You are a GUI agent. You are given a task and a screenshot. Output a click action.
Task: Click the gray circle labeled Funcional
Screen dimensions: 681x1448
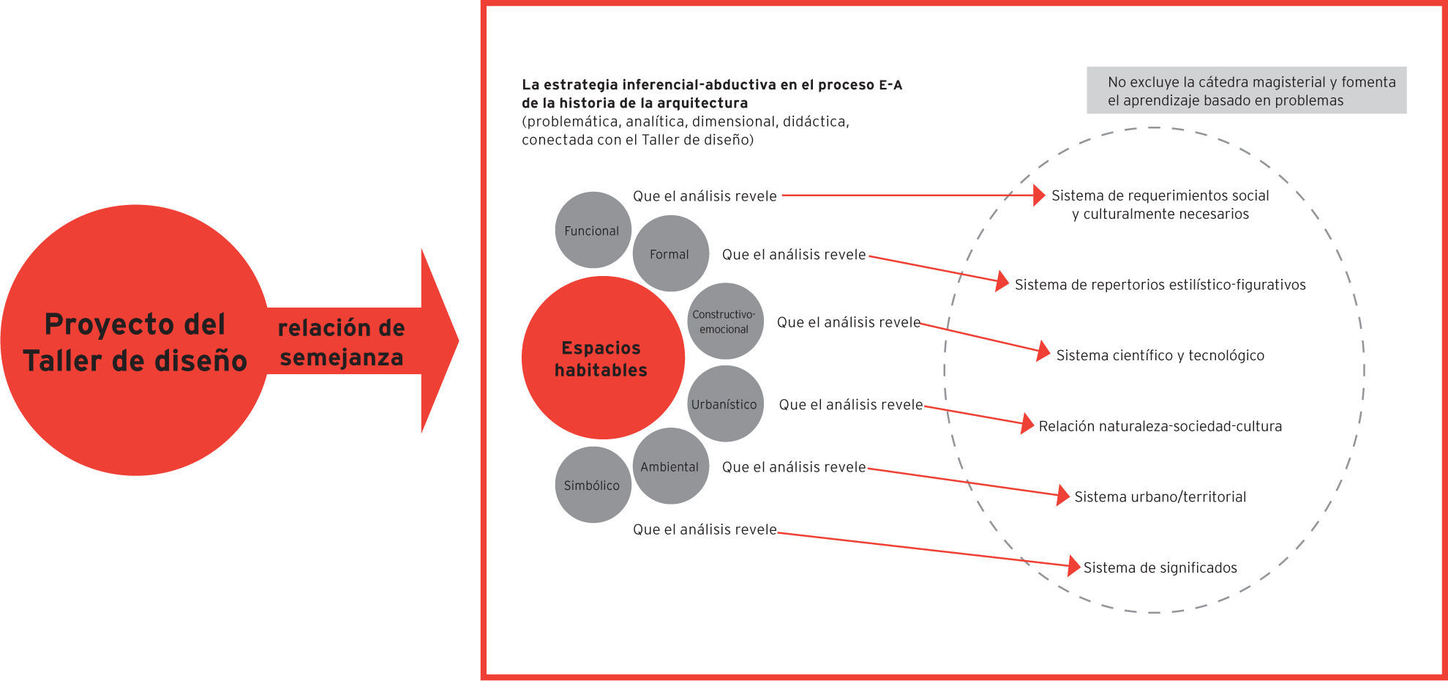coord(593,230)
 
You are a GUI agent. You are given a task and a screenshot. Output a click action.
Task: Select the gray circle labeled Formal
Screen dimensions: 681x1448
coord(670,253)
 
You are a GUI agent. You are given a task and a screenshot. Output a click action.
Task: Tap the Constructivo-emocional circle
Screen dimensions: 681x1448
coord(725,321)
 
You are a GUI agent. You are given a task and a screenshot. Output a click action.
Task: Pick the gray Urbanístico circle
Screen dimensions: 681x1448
coord(725,404)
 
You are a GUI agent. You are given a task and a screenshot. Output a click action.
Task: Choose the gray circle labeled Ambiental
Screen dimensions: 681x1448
coord(670,466)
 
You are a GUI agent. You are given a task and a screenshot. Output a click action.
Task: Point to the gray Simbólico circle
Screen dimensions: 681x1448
coord(593,485)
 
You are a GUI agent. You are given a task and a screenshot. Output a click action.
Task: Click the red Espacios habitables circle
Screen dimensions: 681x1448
coord(602,358)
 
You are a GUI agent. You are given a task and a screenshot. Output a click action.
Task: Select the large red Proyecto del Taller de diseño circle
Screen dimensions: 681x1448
coord(135,341)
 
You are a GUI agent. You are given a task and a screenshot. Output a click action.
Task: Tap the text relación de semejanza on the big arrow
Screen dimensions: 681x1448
coord(341,342)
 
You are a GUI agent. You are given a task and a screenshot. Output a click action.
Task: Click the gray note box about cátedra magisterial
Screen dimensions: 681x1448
coord(1246,91)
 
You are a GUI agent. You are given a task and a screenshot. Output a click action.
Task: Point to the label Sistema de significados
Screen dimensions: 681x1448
coord(1160,567)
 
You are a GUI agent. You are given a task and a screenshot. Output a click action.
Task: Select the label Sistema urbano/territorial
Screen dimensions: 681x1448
coord(1160,496)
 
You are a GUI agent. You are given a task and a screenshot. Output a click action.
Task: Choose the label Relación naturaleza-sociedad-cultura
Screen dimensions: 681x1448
coord(1160,426)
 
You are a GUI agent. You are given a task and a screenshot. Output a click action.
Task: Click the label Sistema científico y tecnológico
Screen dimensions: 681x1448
coord(1160,355)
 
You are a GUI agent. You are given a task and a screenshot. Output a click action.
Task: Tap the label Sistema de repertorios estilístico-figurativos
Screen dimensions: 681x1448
coord(1160,285)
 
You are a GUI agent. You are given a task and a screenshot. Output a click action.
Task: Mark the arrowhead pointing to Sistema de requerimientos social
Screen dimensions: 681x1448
coord(1039,196)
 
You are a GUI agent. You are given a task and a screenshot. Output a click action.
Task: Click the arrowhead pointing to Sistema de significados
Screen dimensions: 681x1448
coord(1074,565)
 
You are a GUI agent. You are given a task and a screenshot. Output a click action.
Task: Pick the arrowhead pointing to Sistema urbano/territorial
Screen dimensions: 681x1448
coord(1063,495)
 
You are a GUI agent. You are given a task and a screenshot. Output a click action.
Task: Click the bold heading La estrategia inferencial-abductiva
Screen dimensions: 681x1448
coord(712,94)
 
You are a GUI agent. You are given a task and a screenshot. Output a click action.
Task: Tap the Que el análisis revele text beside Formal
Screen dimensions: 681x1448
coord(794,255)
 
